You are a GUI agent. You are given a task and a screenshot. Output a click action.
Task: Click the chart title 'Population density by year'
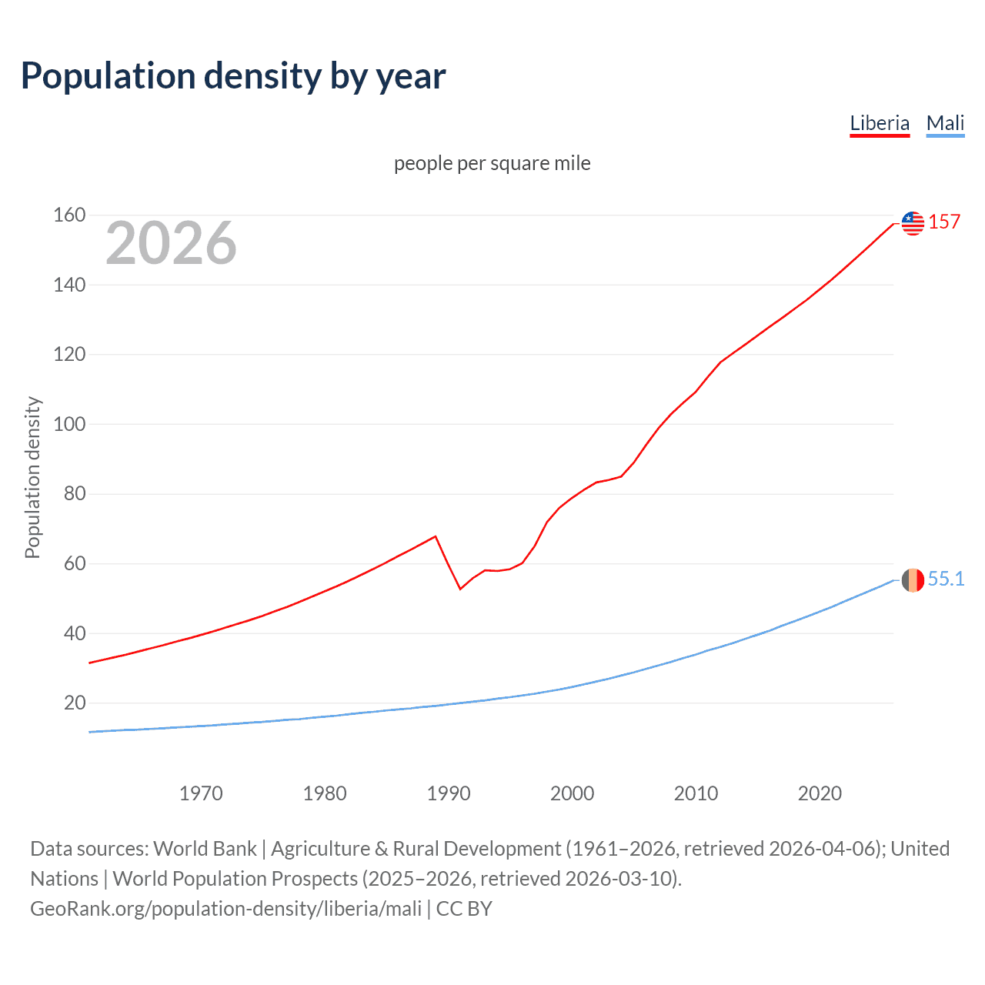[233, 76]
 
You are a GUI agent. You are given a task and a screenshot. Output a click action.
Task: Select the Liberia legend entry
[880, 123]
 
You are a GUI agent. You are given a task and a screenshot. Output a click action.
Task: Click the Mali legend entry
[945, 123]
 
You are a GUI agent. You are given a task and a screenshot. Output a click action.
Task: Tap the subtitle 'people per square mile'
[492, 164]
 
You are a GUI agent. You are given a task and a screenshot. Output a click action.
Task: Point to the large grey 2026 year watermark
[171, 243]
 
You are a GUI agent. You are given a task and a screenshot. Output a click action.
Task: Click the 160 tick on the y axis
[69, 215]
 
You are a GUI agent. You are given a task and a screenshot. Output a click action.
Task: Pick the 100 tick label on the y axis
[69, 425]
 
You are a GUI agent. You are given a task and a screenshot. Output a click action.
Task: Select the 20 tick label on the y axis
[75, 703]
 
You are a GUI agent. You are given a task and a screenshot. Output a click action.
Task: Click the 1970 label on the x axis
[201, 793]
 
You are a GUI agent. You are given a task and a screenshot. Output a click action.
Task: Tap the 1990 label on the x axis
[449, 793]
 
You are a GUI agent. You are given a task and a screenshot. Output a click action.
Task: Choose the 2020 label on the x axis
[820, 793]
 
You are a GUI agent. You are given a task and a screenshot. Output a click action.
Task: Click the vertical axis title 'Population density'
[32, 477]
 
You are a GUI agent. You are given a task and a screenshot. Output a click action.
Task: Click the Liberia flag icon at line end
[913, 223]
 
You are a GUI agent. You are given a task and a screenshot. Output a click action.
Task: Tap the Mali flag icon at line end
[913, 580]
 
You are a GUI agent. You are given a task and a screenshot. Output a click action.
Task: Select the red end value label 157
[944, 222]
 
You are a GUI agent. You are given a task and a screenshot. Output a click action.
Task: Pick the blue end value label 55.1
[946, 579]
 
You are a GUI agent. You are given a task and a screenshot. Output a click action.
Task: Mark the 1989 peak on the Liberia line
[436, 536]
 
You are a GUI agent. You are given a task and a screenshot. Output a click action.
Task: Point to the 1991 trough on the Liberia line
[460, 589]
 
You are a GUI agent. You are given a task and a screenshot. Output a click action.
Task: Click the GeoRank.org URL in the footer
[225, 909]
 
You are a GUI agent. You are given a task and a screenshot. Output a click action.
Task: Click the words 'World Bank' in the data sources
[205, 849]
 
